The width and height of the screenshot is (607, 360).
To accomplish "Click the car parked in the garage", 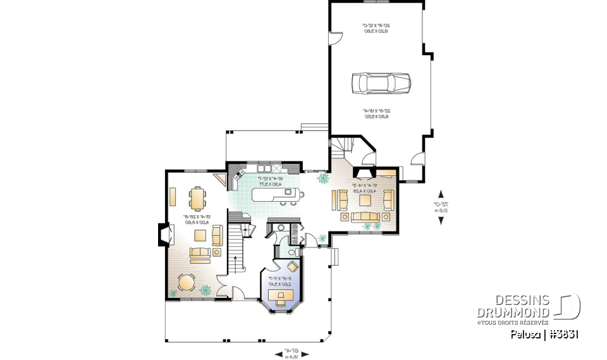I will [381, 82].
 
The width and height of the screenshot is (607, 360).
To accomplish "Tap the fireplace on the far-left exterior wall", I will [162, 235].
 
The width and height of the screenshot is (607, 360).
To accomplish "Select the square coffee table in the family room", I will [365, 201].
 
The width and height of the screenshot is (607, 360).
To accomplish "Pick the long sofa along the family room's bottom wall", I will [365, 218].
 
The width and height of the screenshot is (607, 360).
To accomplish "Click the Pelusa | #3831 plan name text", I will [546, 335].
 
